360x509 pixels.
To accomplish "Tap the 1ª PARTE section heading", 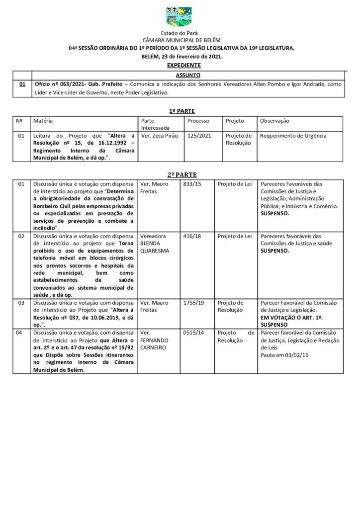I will [x=180, y=111].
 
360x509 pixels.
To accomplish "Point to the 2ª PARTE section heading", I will [x=180, y=174].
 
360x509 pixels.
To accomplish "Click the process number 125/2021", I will [x=196, y=135].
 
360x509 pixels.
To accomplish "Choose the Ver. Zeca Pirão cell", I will [x=157, y=135].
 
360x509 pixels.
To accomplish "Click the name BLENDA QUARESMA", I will [x=156, y=247].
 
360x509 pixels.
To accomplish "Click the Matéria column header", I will [x=43, y=121].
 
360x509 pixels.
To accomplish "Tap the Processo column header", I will [x=198, y=121].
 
